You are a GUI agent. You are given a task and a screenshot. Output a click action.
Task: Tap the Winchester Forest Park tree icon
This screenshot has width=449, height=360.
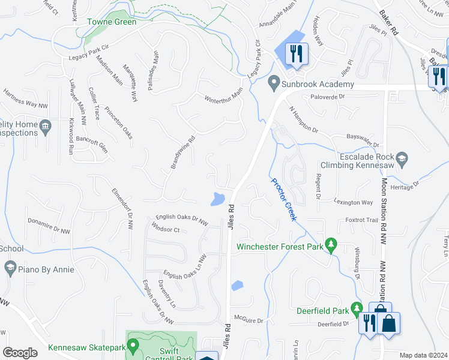[330, 245]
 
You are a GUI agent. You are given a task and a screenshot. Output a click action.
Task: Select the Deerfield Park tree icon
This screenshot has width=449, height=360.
[357, 309]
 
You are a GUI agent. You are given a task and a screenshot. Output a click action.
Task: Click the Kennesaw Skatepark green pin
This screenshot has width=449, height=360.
[133, 346]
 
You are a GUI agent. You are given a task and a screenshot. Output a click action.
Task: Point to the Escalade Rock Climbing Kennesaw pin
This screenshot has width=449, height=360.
[402, 159]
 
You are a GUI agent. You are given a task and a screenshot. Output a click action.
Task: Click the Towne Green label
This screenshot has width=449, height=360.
[112, 22]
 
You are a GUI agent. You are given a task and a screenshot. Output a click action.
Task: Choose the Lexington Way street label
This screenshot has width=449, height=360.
[354, 203]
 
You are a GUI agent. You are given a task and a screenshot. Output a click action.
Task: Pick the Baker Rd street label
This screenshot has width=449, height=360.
[390, 29]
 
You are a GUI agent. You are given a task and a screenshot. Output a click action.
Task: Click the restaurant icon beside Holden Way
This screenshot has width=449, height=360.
[297, 55]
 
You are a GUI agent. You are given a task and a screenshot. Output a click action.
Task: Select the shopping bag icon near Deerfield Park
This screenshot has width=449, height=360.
[388, 324]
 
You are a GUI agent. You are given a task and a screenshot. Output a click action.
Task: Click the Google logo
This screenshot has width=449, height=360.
[20, 352]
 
